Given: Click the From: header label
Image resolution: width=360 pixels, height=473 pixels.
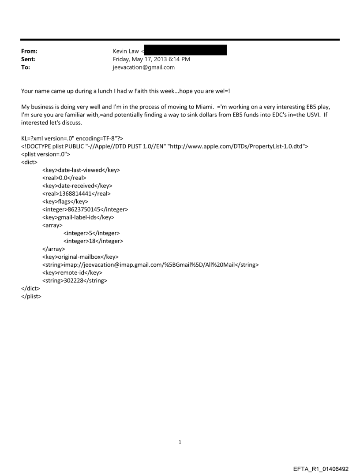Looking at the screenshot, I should (29, 51).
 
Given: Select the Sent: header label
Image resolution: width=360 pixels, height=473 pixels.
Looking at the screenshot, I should (28, 59).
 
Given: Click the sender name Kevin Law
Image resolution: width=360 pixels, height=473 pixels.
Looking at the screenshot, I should (125, 51).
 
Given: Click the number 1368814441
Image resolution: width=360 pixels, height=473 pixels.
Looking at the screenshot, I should (76, 193).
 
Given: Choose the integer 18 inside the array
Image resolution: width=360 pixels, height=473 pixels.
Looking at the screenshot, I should (93, 241).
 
